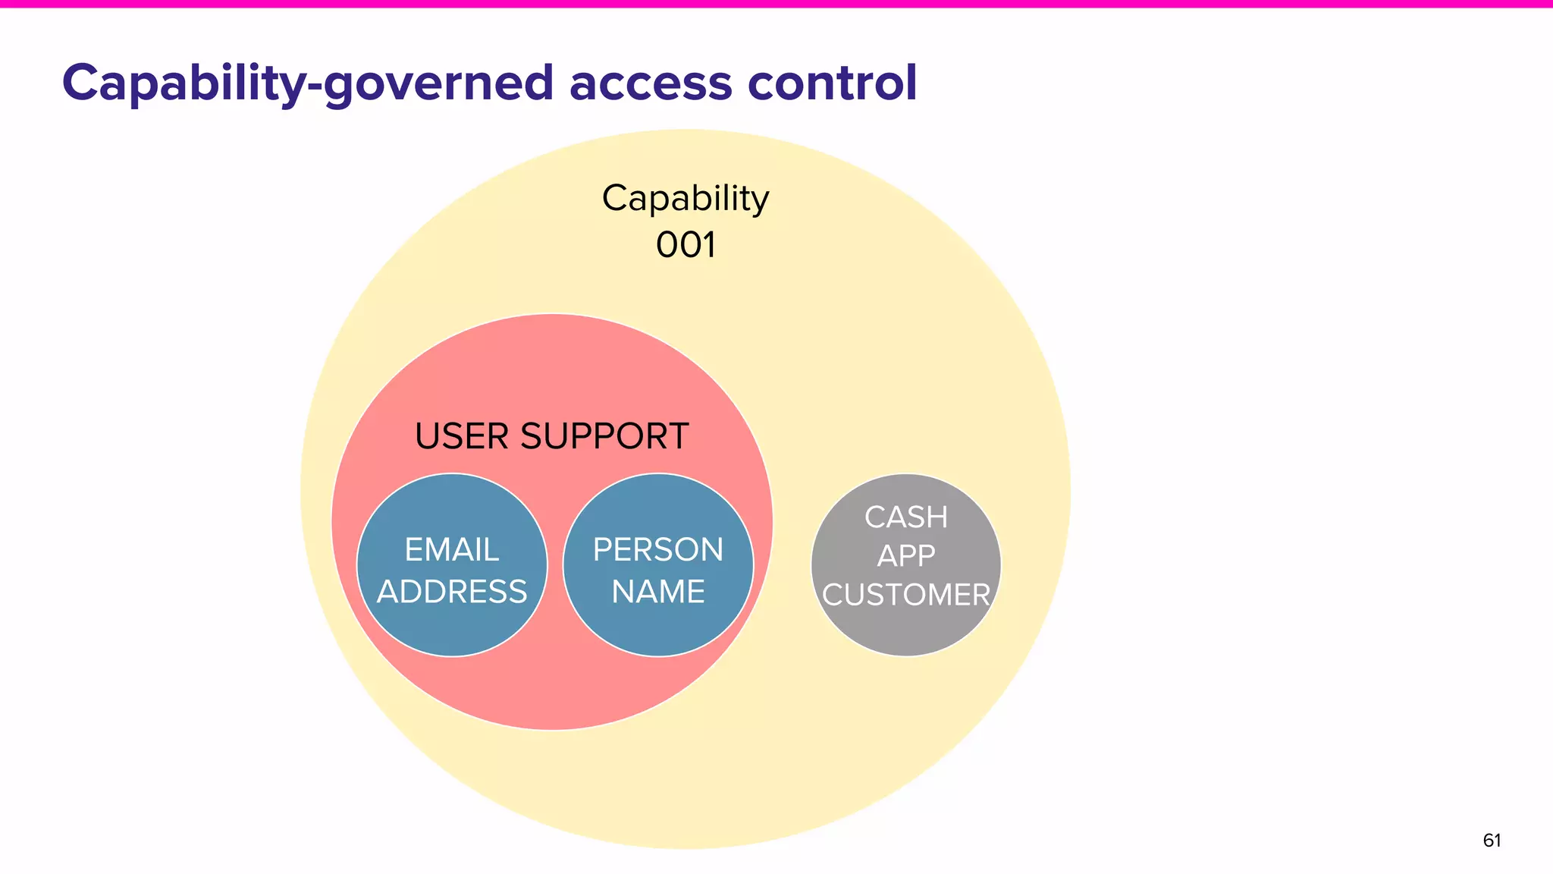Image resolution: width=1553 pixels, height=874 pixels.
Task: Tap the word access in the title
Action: (651, 83)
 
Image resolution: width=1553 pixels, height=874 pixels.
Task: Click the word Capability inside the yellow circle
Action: (686, 200)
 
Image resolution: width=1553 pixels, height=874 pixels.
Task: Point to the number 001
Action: (686, 245)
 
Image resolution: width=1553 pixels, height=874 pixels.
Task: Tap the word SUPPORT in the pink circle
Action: (604, 436)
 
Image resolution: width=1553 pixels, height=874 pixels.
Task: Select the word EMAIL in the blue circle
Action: (451, 549)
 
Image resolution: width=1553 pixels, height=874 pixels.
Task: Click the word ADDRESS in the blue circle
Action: (451, 592)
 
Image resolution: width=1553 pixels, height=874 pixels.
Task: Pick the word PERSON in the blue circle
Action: (658, 549)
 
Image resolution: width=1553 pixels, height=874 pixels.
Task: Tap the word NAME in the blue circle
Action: (658, 592)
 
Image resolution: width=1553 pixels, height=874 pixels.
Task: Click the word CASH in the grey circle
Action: (906, 517)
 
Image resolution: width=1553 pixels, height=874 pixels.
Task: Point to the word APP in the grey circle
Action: (906, 556)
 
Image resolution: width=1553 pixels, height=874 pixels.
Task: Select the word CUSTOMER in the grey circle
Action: (906, 595)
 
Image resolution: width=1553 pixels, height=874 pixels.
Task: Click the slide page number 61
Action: (1492, 841)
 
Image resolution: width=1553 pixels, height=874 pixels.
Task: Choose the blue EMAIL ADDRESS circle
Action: (451, 633)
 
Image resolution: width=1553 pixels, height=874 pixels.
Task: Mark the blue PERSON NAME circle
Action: (658, 633)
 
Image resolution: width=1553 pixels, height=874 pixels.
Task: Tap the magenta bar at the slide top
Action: (776, 4)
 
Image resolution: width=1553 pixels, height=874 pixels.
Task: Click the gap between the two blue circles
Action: (555, 565)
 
